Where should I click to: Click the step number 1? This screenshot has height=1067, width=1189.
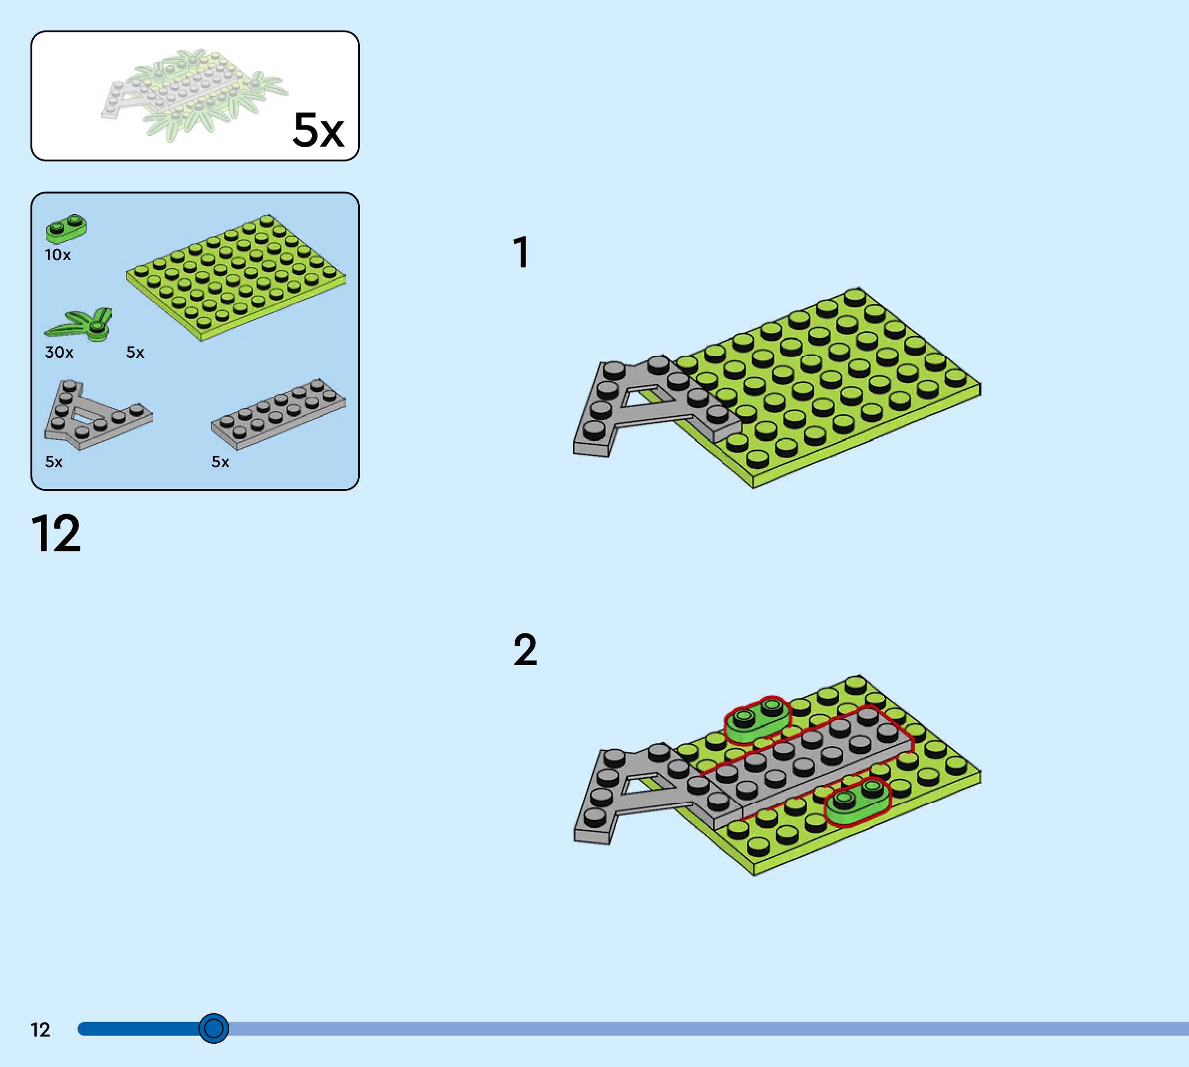click(x=520, y=252)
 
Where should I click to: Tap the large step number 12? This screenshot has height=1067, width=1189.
click(x=56, y=534)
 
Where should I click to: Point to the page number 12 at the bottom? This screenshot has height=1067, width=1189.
click(x=40, y=1030)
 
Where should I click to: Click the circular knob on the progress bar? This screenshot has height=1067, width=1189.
click(x=213, y=1028)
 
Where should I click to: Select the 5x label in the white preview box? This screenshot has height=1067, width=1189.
click(x=318, y=130)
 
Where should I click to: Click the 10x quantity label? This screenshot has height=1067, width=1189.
click(x=57, y=255)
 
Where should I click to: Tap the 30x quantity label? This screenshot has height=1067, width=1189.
click(x=59, y=353)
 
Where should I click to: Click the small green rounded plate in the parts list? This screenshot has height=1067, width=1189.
click(x=66, y=228)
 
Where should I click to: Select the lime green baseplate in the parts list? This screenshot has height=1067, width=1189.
click(x=234, y=276)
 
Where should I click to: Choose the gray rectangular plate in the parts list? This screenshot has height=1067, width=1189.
click(x=278, y=413)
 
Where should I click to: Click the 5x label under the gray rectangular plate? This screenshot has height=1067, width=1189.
click(x=220, y=462)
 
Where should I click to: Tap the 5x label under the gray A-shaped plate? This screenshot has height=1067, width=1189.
click(x=54, y=462)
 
